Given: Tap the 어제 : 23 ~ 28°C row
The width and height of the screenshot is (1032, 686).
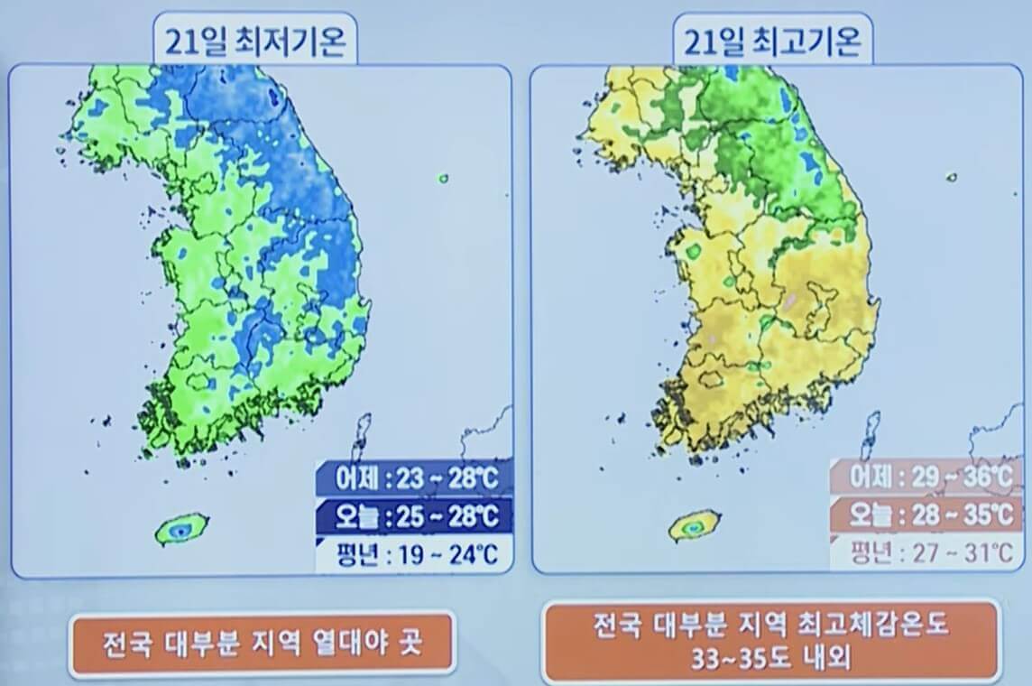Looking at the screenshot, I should pos(414,478).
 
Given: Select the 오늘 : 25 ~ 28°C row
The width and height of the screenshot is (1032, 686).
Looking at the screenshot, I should pos(414,515).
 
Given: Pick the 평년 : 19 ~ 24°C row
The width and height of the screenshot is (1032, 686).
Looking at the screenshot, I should pos(414,552).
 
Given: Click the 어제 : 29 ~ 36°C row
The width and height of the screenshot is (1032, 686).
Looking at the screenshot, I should pos(927,478).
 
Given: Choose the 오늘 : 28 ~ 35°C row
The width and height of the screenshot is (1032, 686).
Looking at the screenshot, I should pos(927,515).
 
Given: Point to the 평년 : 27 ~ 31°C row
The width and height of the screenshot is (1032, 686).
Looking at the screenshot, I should pos(927,552).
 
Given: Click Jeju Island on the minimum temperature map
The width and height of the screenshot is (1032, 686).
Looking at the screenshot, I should pos(181,531).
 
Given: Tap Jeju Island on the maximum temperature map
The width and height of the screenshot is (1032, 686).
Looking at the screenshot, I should pos(694,525).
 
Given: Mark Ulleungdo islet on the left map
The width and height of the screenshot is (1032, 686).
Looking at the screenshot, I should pos(443,179).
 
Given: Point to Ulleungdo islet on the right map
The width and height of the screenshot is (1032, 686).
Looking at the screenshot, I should pos(952,178).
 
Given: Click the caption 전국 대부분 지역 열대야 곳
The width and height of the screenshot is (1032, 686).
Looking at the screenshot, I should pos(262,644).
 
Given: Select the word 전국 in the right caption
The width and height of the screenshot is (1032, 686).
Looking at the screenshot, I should pos(619,624).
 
